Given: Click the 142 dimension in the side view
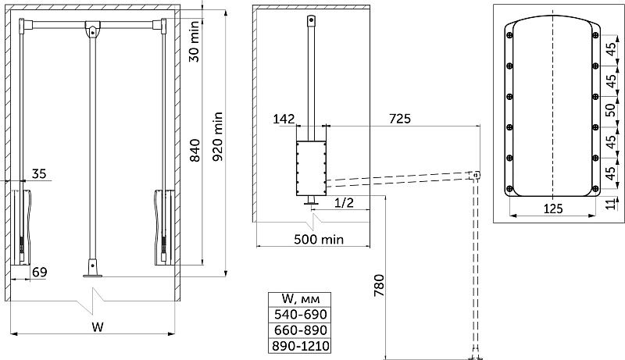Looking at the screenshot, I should [284, 119].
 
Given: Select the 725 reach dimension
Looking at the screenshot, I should [400, 119].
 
